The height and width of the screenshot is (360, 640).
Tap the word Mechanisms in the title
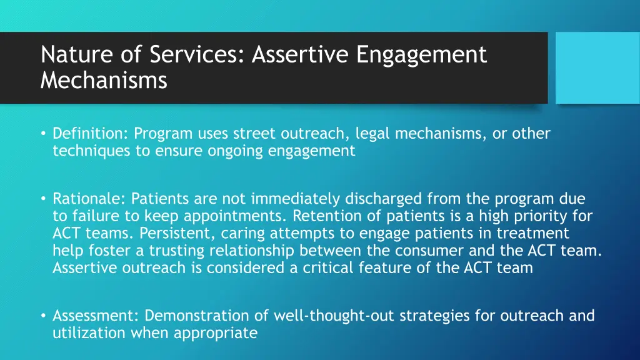tap(104, 81)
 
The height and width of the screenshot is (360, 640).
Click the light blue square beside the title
tap(597, 67)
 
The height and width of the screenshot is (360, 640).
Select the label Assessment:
tap(97, 316)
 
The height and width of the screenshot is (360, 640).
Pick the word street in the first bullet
tap(252, 134)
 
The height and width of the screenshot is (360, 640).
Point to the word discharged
tap(381, 199)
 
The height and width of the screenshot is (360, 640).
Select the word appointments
tap(244, 217)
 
